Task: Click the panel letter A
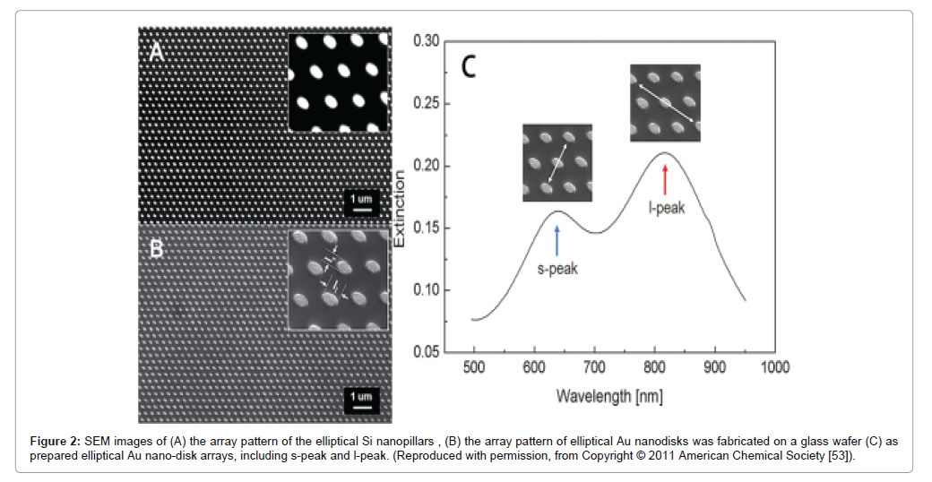tap(156, 52)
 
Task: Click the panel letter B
tap(156, 248)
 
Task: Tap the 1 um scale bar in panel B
tap(361, 399)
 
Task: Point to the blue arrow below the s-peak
tap(557, 241)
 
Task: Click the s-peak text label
tap(557, 269)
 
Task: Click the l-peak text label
tap(667, 207)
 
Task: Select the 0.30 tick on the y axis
tap(427, 41)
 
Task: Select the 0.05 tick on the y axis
tap(427, 352)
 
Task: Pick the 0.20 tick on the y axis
tap(427, 166)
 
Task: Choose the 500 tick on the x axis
tap(474, 367)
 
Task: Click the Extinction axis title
tap(400, 208)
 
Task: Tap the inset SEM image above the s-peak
tap(557, 162)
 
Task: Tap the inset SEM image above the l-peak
tap(665, 102)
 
